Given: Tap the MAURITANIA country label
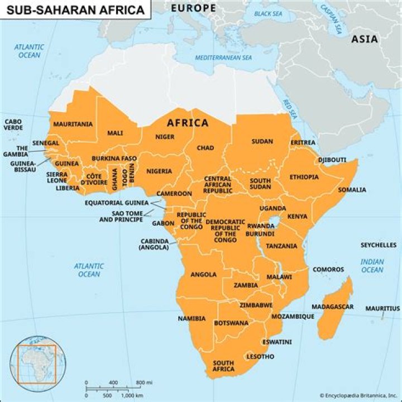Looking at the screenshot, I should point(73,124).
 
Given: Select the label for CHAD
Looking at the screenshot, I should point(205,148).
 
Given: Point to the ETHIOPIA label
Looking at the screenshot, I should point(304,177).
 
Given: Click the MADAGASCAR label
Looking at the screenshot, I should point(332,307).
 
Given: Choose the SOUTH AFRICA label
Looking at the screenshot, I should point(223,366).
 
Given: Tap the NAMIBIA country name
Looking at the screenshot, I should point(192,319).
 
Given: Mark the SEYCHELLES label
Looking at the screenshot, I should point(378,245).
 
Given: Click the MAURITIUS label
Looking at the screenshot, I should point(382,308).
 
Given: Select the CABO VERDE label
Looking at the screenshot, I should point(13,125).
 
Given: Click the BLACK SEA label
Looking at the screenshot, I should point(268,13).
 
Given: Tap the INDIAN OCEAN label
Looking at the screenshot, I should point(372,266).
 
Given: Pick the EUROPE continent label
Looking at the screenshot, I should point(193,8).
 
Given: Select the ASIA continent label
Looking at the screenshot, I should point(364,39).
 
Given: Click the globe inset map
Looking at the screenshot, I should point(36,364).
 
